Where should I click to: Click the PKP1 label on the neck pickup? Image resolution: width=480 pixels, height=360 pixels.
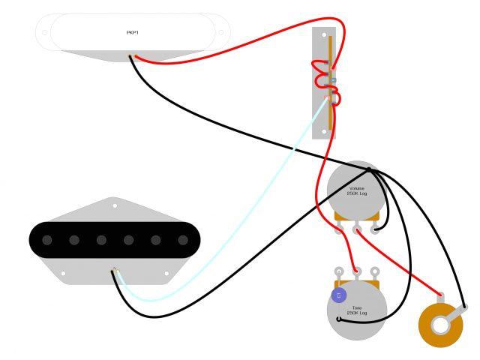132,33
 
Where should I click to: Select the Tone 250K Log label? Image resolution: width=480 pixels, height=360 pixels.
357,309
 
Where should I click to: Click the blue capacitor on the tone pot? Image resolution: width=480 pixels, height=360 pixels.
339,296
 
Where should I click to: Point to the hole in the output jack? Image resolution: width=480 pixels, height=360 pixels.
440,326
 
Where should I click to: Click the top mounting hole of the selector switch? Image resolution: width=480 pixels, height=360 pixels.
324,36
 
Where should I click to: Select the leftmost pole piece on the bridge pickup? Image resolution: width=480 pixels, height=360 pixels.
47,240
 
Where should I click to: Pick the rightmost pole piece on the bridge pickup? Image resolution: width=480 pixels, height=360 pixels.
183,240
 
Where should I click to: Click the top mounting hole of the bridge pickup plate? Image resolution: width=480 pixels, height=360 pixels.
114,205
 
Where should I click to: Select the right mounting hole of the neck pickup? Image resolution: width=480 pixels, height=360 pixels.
220,33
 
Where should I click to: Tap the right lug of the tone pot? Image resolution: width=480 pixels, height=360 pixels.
374,271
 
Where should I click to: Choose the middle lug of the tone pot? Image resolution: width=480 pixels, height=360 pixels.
357,271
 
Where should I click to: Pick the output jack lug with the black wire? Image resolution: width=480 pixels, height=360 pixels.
465,307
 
